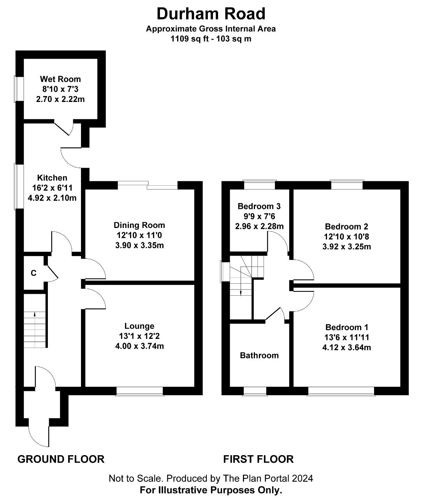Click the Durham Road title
tap(211, 14)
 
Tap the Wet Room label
tap(60, 79)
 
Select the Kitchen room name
tap(52, 178)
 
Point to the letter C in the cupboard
tap(33, 273)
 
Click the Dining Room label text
tap(139, 225)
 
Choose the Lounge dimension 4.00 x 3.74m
tap(139, 346)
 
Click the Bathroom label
tap(259, 355)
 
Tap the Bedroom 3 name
tap(259, 206)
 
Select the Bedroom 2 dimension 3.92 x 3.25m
tap(346, 247)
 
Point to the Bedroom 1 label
tap(347, 327)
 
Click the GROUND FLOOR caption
tap(61, 459)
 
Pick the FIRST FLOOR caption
tap(258, 459)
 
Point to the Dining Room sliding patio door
tap(148, 185)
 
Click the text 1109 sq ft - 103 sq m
tap(211, 39)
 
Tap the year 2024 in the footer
tap(302, 478)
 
